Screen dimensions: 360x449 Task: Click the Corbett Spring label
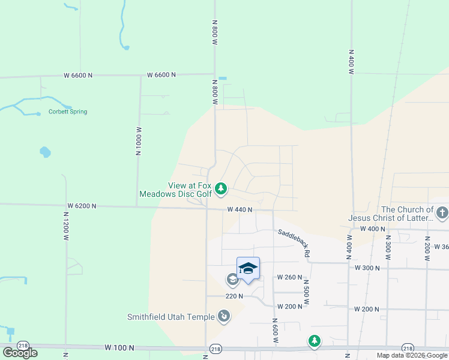coord(67,112)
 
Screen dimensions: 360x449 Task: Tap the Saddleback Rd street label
coord(294,242)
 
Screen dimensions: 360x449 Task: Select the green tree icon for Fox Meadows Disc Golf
coord(221,190)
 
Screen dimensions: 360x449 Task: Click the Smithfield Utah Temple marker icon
coord(223,316)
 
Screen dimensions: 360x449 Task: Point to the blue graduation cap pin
coord(248,268)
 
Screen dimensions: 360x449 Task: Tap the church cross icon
coord(442,212)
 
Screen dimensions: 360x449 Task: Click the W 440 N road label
coord(240,209)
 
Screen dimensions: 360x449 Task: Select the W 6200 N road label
coord(82,205)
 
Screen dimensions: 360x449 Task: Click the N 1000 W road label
coord(138,141)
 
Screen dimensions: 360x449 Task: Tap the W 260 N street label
coord(289,277)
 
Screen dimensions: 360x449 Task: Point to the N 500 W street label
coord(306,290)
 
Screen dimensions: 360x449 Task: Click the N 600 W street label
coord(276,331)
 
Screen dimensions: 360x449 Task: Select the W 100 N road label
coord(119,347)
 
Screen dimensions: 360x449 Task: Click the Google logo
coord(20,353)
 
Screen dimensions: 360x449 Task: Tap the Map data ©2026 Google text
coord(412,355)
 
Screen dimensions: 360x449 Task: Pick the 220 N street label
coord(234,296)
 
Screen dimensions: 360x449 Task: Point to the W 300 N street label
coord(367,268)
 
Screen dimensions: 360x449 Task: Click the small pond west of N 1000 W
coord(45,152)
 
